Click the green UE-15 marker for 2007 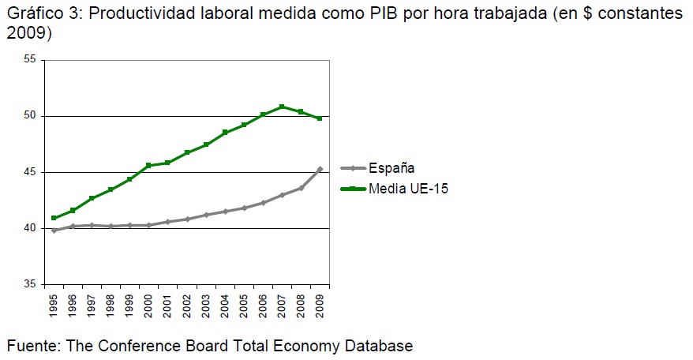[282, 107]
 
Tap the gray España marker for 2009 [320, 169]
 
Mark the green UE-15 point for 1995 [54, 218]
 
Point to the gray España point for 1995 [54, 231]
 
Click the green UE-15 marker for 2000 [148, 165]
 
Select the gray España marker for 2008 [301, 188]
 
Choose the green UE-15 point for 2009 [320, 118]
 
